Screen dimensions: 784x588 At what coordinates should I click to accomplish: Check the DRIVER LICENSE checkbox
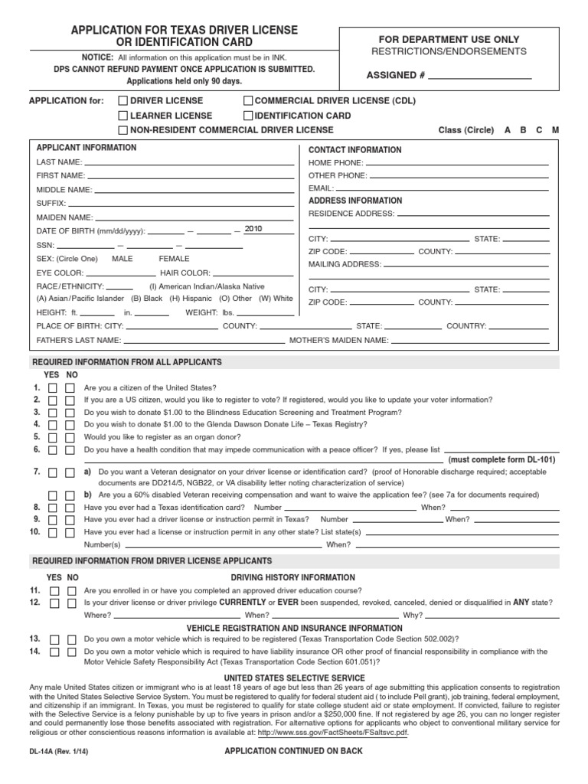[x=122, y=101]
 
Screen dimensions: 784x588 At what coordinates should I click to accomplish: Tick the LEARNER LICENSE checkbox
[x=122, y=116]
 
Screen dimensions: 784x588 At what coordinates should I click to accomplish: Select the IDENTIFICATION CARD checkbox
[x=248, y=116]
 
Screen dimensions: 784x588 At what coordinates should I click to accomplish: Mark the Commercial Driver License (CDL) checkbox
[x=248, y=101]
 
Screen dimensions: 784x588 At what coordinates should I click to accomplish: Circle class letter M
[x=555, y=130]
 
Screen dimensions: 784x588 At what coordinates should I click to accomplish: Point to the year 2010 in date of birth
[x=253, y=229]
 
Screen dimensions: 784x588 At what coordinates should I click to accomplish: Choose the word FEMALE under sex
[x=174, y=259]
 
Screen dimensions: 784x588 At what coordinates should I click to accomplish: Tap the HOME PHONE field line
[x=456, y=164]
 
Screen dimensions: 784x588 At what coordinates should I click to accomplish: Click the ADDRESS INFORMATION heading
[x=354, y=201]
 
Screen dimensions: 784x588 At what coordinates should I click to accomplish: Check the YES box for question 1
[x=53, y=388]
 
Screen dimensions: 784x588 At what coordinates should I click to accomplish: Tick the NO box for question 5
[x=70, y=437]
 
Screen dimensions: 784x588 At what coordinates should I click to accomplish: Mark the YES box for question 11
[x=54, y=591]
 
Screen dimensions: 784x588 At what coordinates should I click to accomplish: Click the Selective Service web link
[x=333, y=732]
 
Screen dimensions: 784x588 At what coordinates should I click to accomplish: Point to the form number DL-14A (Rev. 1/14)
[x=58, y=752]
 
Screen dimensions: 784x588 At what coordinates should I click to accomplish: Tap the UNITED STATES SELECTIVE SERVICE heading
[x=293, y=678]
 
